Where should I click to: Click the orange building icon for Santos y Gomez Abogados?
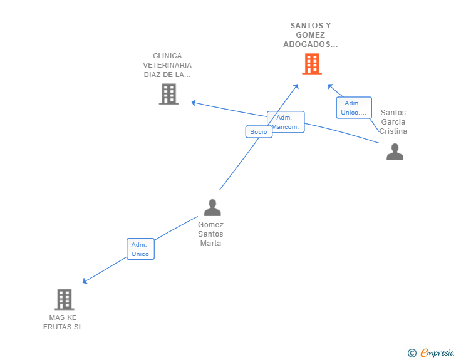(x=311, y=64)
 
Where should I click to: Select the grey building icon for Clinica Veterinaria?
(x=168, y=94)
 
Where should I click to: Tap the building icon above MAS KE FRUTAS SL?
(x=64, y=299)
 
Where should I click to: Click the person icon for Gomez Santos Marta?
(x=212, y=207)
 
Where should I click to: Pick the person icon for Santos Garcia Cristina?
(x=395, y=152)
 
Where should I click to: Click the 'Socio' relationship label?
(x=259, y=131)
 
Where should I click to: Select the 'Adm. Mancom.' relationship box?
(x=286, y=121)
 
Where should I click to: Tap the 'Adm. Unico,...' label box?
(x=354, y=108)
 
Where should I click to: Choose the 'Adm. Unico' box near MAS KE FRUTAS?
(x=140, y=249)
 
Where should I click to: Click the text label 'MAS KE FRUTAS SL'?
(x=63, y=322)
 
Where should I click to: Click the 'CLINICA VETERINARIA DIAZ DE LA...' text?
(x=167, y=65)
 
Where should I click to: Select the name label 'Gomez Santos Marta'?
(x=211, y=234)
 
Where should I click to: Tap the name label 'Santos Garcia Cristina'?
(x=393, y=122)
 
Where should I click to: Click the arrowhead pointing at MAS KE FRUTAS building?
(x=85, y=282)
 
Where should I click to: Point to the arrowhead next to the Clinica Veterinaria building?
(x=194, y=102)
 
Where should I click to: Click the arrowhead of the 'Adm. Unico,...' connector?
(x=330, y=86)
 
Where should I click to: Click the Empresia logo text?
(x=437, y=354)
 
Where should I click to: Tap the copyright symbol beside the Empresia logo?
(x=412, y=354)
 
